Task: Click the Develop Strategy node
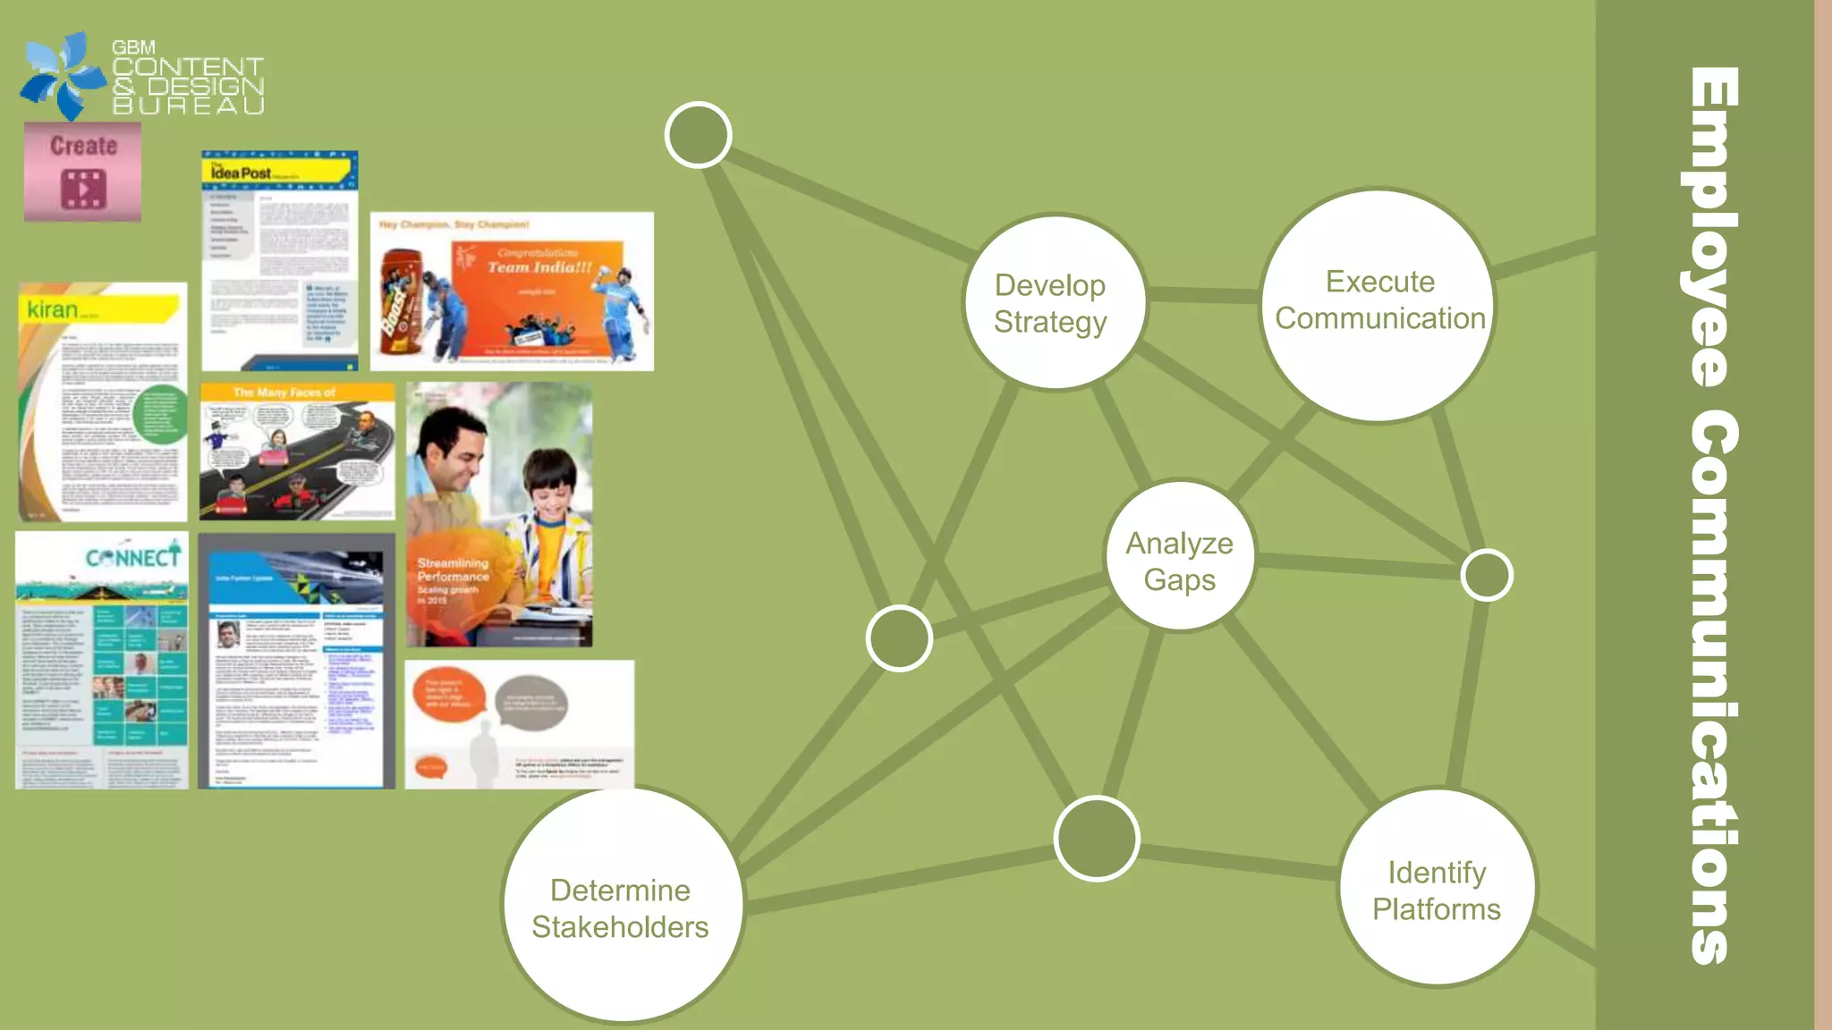coord(1054,303)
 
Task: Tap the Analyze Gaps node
coord(1179,556)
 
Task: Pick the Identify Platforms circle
coord(1437,888)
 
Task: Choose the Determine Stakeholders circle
coord(622,905)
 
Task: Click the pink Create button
coord(82,173)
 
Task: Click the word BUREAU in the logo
coord(189,106)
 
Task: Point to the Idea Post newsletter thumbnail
coord(279,260)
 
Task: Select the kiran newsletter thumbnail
coord(103,402)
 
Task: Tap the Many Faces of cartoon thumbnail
coord(297,452)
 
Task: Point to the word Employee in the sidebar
coord(1712,228)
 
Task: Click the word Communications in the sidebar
coord(1712,688)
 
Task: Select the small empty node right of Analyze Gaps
coord(1486,575)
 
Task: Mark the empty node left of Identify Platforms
coord(1096,839)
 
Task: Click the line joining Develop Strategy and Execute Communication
coord(1203,294)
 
